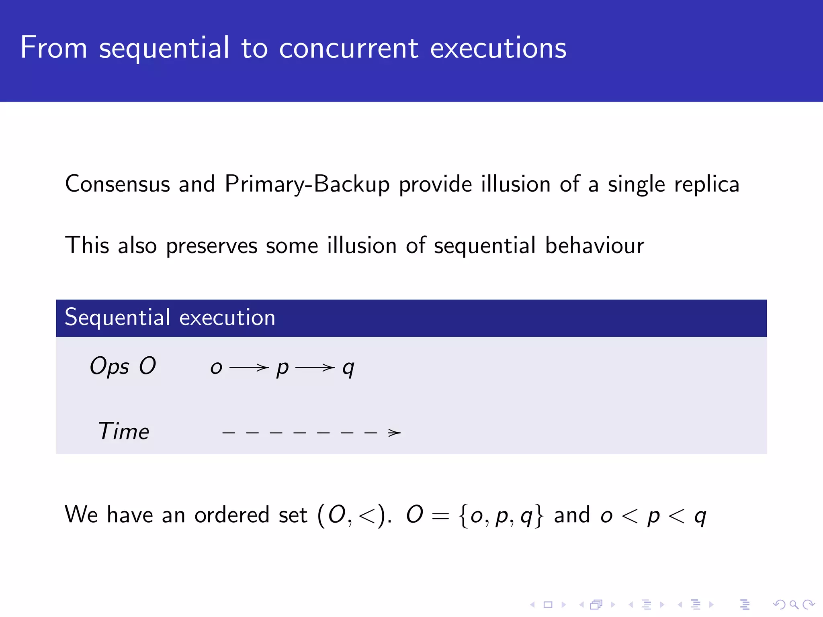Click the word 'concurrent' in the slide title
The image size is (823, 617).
point(348,48)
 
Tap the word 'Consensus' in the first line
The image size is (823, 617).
point(117,184)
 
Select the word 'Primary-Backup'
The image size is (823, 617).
point(307,185)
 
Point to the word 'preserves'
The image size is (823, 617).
point(211,246)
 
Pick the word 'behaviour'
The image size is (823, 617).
point(594,246)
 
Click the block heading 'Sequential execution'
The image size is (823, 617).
point(170,318)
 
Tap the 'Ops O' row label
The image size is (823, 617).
point(123,366)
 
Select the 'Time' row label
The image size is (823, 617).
point(123,432)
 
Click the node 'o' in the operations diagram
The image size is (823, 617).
point(216,368)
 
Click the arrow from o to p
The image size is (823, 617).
point(249,367)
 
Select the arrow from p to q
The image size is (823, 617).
point(315,367)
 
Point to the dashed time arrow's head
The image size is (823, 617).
point(395,433)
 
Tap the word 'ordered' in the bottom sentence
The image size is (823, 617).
point(231,515)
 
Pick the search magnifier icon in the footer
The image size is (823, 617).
point(794,605)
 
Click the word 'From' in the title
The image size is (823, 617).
point(53,48)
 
